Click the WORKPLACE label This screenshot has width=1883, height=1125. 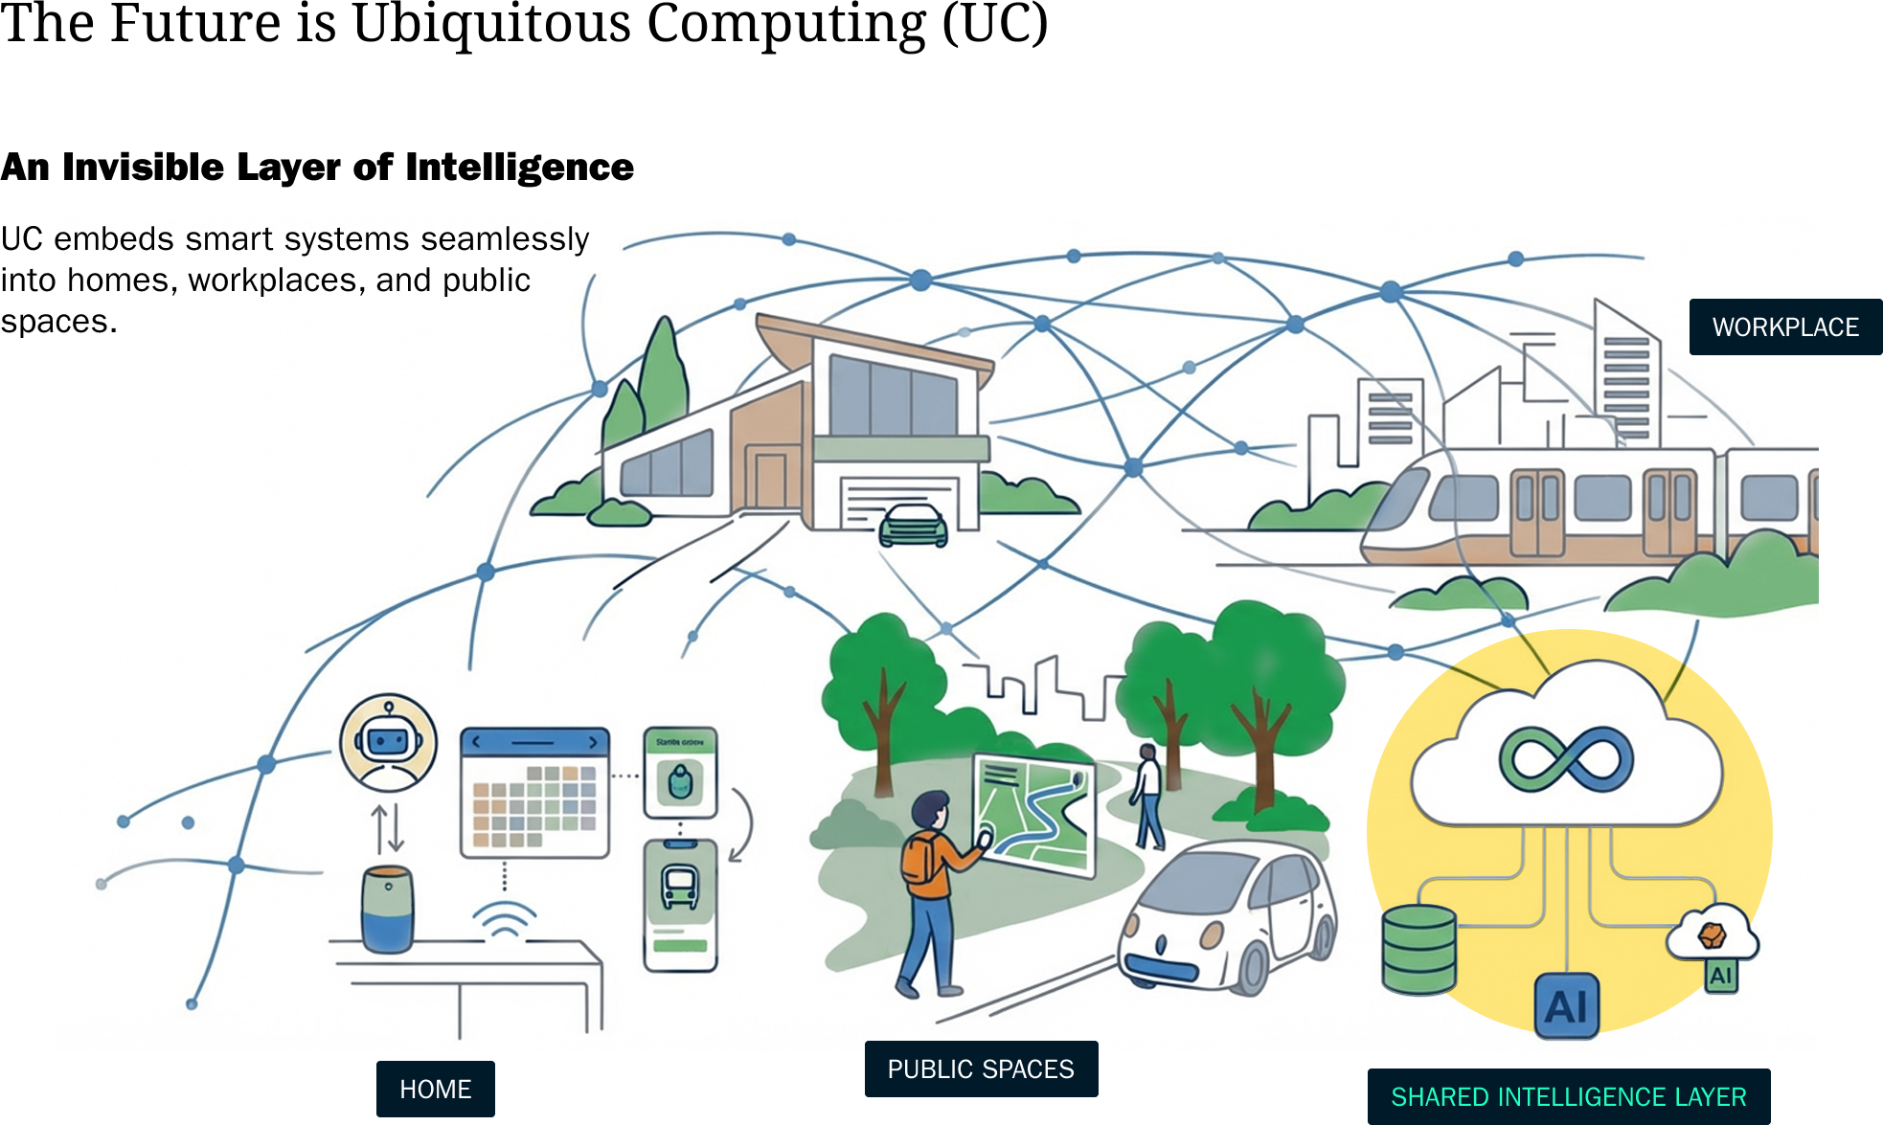point(1785,327)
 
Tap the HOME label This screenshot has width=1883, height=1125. point(436,1089)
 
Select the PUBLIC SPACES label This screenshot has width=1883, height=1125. point(981,1069)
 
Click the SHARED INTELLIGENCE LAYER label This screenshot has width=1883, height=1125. point(1569,1096)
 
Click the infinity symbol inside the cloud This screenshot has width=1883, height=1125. point(1566,759)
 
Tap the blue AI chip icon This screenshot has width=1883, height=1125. point(1567,1006)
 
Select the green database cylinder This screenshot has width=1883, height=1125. point(1418,949)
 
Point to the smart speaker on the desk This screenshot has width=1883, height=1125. point(388,910)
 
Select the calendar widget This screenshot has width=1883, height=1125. point(534,793)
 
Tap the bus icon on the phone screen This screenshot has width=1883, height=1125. point(681,887)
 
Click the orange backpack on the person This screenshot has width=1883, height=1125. point(919,858)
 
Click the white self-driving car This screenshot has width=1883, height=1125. point(1228,919)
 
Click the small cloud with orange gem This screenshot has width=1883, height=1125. point(1713,933)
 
